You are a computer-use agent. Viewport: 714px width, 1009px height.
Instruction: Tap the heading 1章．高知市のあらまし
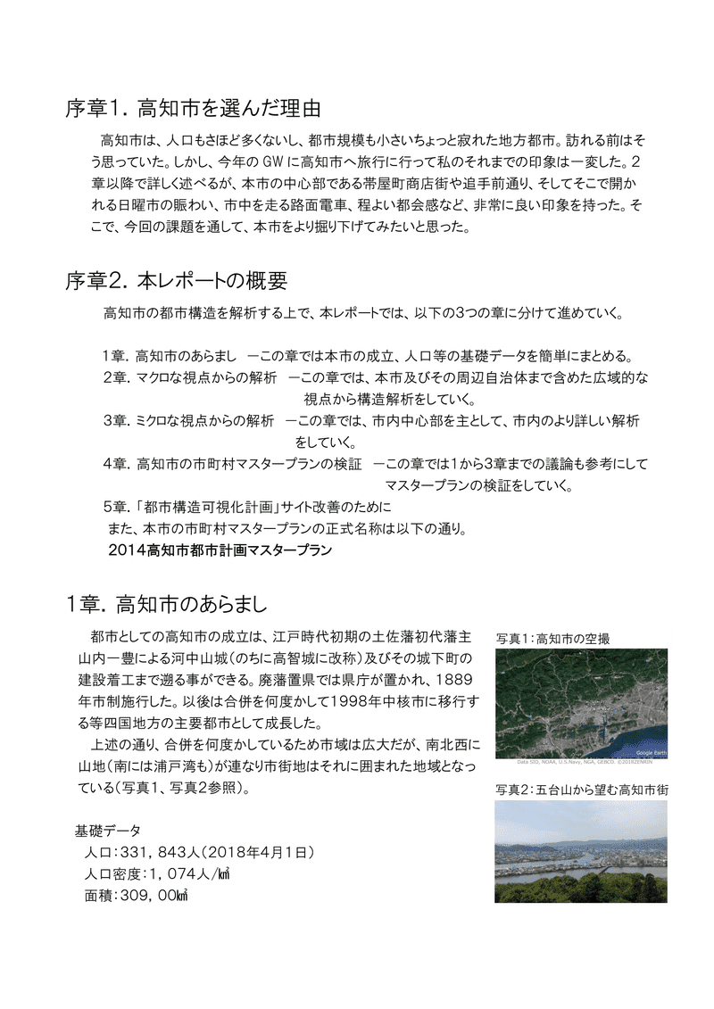pos(167,604)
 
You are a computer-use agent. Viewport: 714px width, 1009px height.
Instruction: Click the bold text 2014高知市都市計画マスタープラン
pos(220,550)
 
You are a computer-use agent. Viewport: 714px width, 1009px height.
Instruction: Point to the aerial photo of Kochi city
pos(580,706)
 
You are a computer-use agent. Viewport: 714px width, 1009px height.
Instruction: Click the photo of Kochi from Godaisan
pos(580,851)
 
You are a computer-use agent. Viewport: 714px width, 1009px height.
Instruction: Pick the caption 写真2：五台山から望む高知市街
pos(582,790)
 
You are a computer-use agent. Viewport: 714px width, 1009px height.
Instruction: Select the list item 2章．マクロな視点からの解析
pos(190,377)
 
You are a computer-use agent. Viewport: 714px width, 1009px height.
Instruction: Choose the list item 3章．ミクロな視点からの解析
pos(188,420)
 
